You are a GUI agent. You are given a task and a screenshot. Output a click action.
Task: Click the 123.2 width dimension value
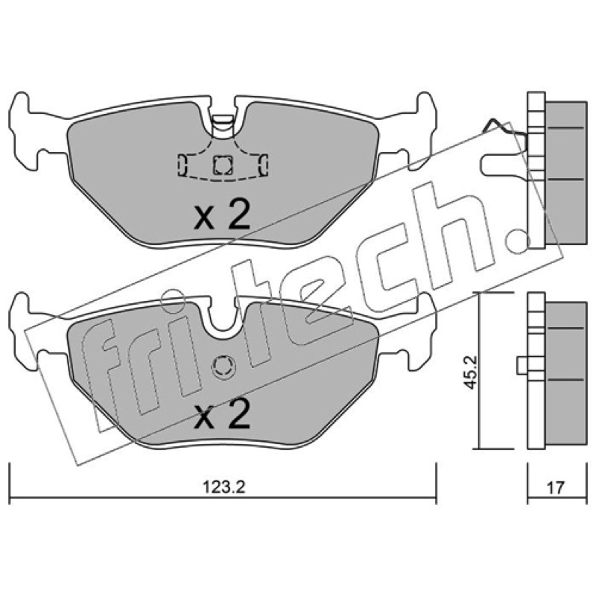tap(223, 487)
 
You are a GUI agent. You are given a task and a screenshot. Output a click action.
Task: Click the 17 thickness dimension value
tap(555, 487)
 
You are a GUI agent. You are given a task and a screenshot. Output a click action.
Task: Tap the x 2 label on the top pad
tap(222, 215)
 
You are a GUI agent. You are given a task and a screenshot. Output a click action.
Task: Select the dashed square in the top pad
tap(222, 165)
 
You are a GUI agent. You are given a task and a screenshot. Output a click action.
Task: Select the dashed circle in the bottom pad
tap(223, 367)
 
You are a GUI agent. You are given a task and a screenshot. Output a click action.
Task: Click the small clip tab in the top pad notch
tap(222, 124)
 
